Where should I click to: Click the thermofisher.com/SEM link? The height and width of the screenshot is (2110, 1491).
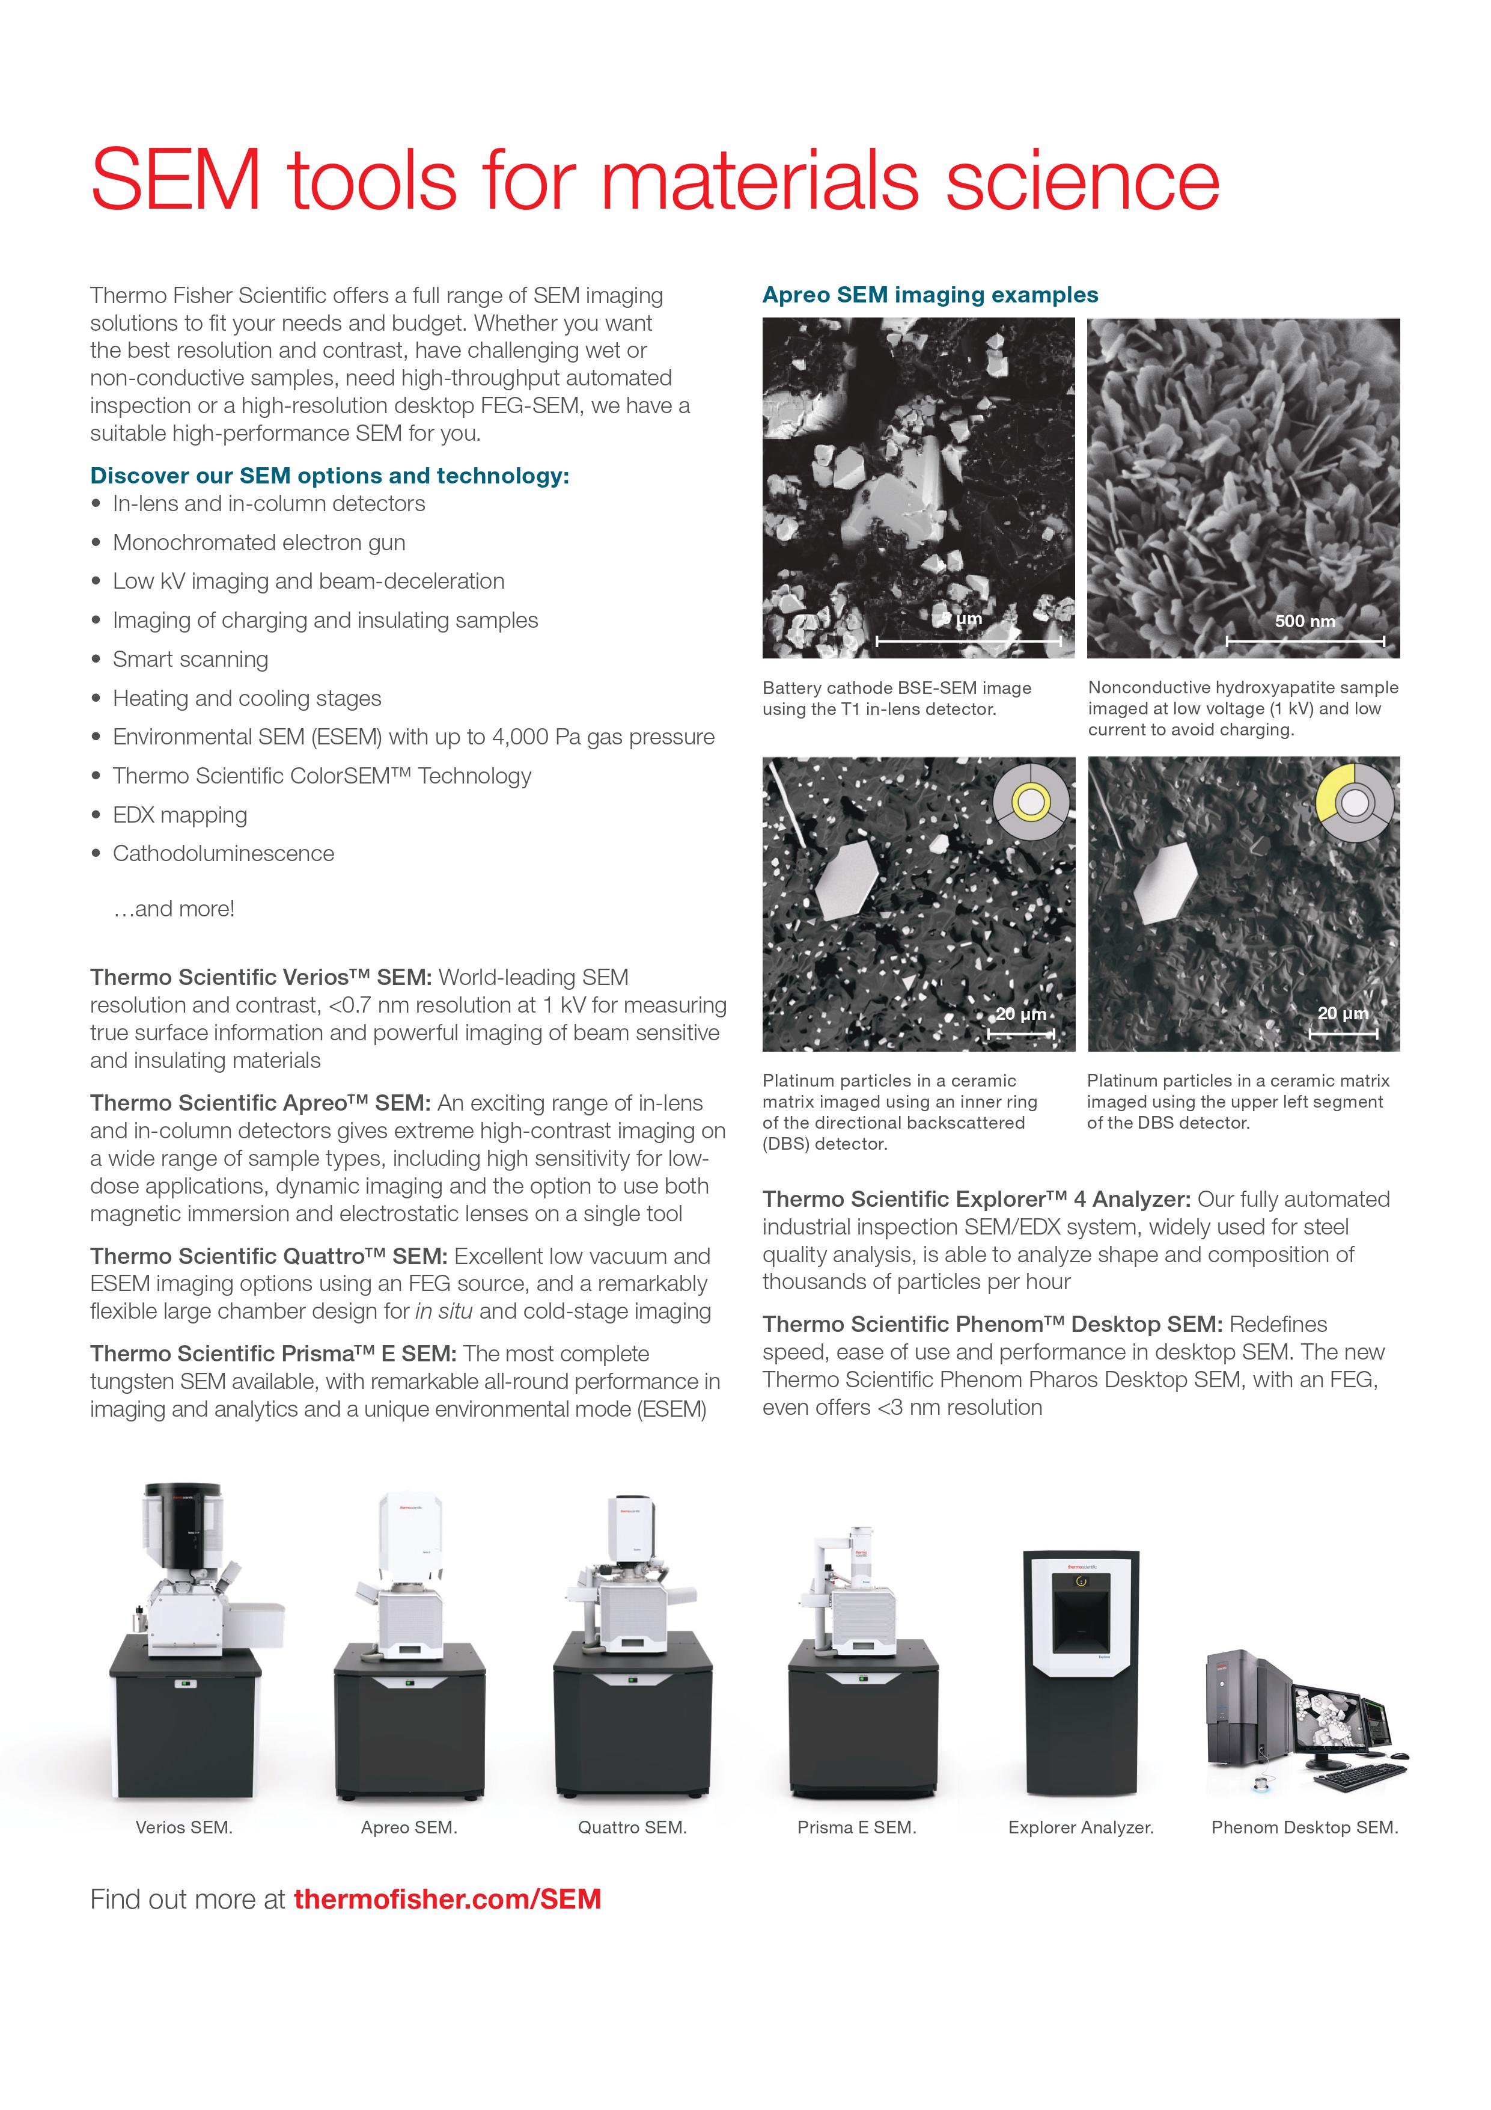(x=447, y=1898)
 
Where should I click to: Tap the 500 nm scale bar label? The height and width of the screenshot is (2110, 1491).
(x=1305, y=621)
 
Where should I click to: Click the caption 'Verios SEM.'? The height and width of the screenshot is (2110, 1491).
(x=184, y=1827)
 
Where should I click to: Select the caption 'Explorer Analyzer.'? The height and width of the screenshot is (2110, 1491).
(x=1081, y=1827)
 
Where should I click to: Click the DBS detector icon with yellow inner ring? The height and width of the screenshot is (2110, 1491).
(x=1030, y=802)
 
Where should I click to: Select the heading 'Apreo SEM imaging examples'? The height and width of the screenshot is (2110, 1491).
(x=930, y=295)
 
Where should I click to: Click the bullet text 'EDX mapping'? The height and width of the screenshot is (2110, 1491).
(x=180, y=815)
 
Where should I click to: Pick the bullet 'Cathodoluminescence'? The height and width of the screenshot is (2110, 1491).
(x=223, y=854)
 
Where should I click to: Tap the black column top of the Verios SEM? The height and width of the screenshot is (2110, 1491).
(x=184, y=1521)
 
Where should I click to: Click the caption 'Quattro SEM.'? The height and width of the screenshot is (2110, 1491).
(x=632, y=1827)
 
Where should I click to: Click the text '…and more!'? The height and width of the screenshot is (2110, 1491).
(x=174, y=909)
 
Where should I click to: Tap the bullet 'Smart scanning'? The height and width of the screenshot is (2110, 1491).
(x=190, y=660)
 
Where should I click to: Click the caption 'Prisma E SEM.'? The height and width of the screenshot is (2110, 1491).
(x=856, y=1827)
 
